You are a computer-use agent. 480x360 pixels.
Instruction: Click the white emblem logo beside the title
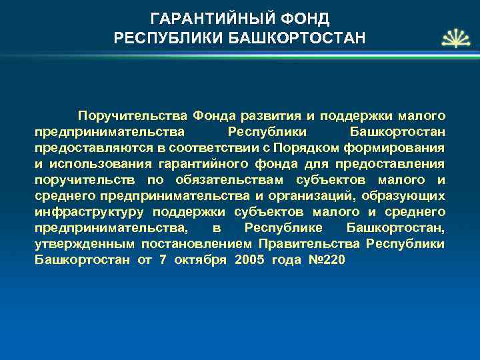453,38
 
